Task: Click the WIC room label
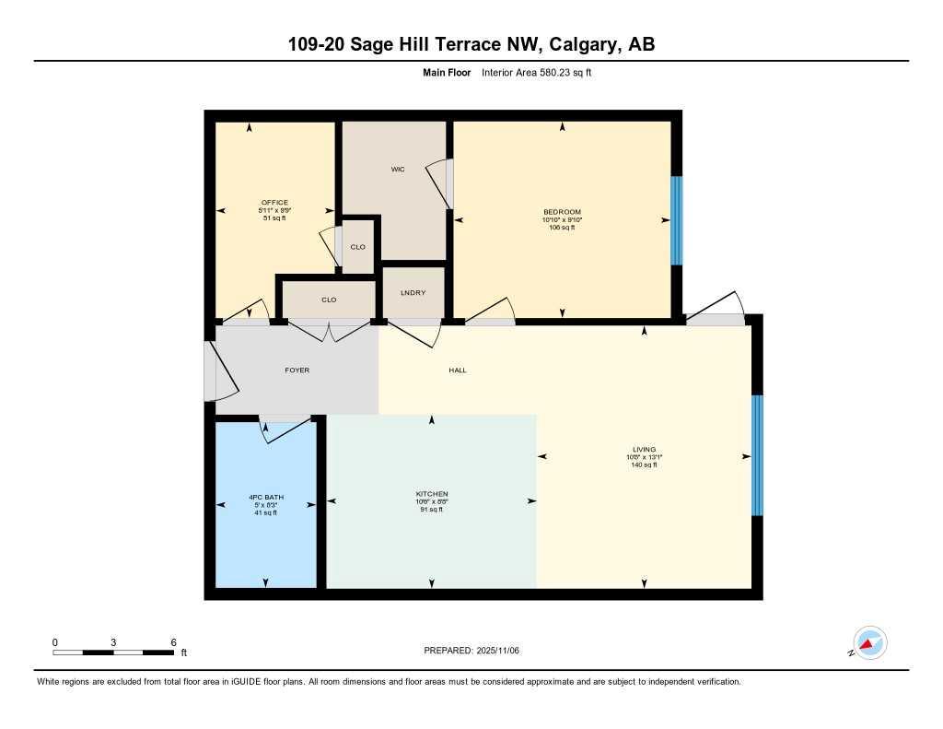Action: click(398, 170)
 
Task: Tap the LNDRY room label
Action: click(413, 292)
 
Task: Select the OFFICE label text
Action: click(274, 203)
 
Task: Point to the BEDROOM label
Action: click(562, 212)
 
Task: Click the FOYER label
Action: click(297, 370)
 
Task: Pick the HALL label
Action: click(458, 370)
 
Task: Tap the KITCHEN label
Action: click(431, 494)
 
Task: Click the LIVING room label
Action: click(644, 450)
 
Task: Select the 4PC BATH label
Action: click(265, 497)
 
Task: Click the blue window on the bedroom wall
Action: click(677, 220)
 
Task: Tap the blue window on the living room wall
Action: click(757, 455)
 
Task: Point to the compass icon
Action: click(868, 643)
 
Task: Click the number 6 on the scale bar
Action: click(173, 641)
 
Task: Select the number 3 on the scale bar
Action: click(113, 641)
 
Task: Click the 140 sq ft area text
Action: click(644, 464)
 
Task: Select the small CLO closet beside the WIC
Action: click(358, 247)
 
